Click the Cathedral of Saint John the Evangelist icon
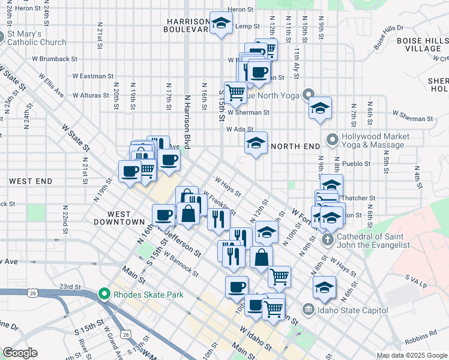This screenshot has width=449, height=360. click(327, 239)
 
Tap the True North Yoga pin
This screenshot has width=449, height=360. click(309, 94)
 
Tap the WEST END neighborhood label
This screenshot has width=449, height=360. click(30, 181)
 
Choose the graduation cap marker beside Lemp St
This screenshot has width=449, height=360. click(221, 23)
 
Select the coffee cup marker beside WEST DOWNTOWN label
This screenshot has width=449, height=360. click(163, 214)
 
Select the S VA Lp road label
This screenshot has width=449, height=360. click(415, 279)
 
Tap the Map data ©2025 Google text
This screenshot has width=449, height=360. click(411, 355)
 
